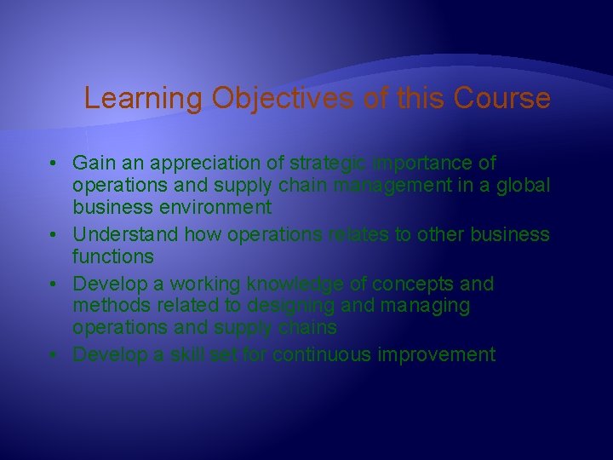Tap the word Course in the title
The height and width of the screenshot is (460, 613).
tap(501, 99)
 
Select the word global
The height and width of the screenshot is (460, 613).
tap(527, 185)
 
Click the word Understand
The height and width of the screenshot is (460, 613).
tap(129, 234)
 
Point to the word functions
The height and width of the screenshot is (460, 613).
tap(112, 256)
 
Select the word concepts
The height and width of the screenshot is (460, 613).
tap(415, 283)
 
